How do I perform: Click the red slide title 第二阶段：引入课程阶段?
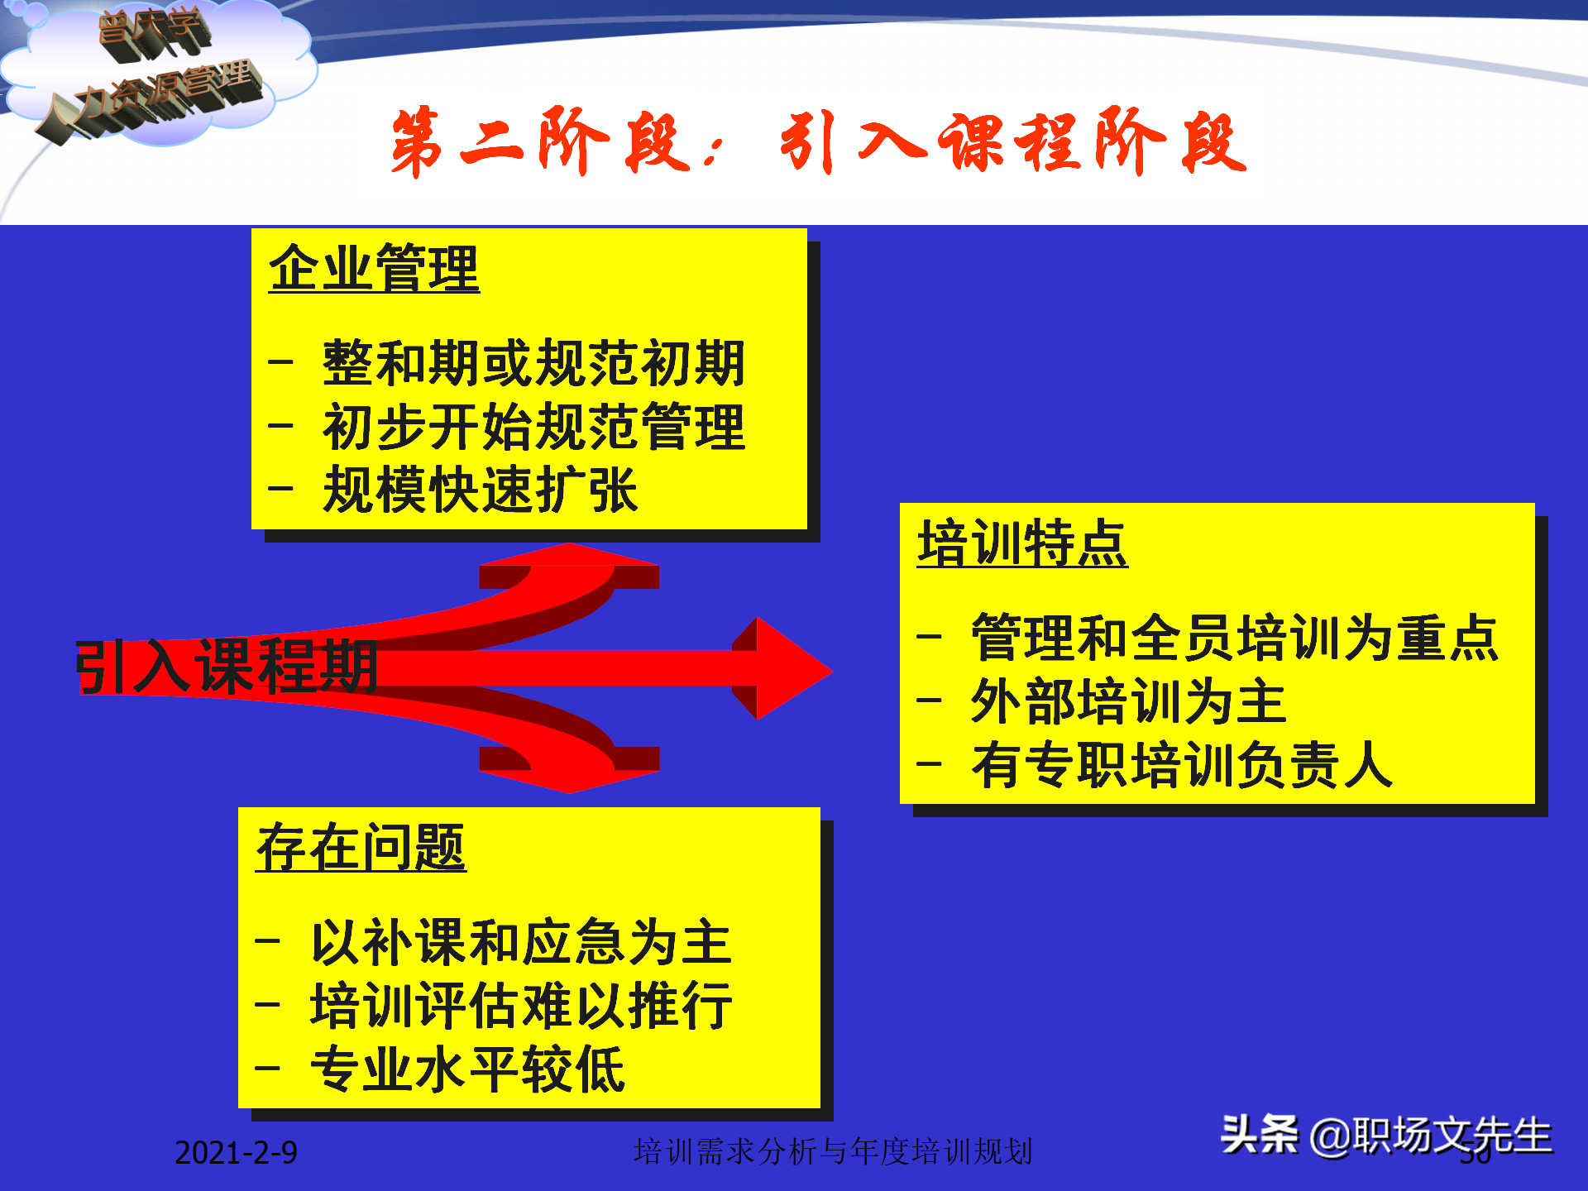point(819,142)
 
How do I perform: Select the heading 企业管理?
point(374,269)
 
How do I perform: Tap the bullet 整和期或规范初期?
point(533,363)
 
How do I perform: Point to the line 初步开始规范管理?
point(533,427)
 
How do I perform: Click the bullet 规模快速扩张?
point(480,490)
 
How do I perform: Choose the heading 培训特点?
point(1022,543)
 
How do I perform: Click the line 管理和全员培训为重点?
point(1234,638)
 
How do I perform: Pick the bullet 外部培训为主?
point(1128,701)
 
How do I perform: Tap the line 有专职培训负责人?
point(1181,765)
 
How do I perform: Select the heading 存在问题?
point(361,848)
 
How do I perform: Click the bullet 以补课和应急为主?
point(521,942)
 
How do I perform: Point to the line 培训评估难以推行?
point(521,1006)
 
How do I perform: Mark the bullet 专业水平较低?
point(467,1069)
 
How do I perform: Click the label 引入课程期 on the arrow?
point(227,667)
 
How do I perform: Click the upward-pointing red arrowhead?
point(569,558)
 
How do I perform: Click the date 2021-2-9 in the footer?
point(236,1152)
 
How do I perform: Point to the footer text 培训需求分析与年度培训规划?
point(833,1151)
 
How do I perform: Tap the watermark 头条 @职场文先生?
point(1386,1135)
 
